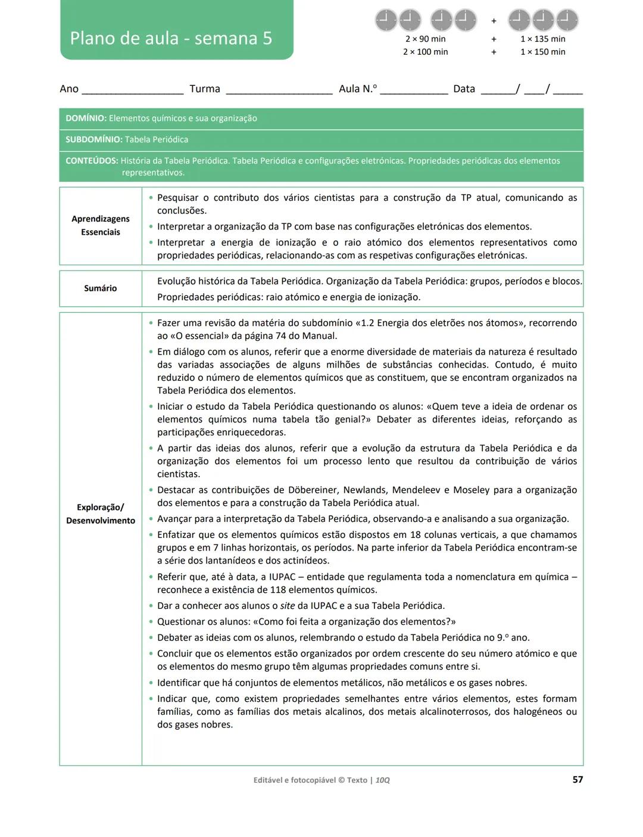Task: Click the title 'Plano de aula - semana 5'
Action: tap(171, 38)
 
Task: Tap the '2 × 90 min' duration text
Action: tap(425, 39)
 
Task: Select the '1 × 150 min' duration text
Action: tap(542, 52)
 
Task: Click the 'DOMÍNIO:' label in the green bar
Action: tap(86, 119)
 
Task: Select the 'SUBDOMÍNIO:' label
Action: tap(93, 139)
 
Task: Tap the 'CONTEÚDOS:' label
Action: tap(92, 161)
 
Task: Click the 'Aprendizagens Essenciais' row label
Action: tap(101, 226)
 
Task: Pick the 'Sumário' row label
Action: tap(101, 288)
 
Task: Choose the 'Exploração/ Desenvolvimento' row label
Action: tap(101, 514)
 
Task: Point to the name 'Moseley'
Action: tap(471, 490)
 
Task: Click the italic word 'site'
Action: tap(288, 606)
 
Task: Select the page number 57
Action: tap(578, 779)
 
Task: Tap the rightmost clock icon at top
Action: tap(567, 20)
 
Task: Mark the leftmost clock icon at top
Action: tap(386, 20)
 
